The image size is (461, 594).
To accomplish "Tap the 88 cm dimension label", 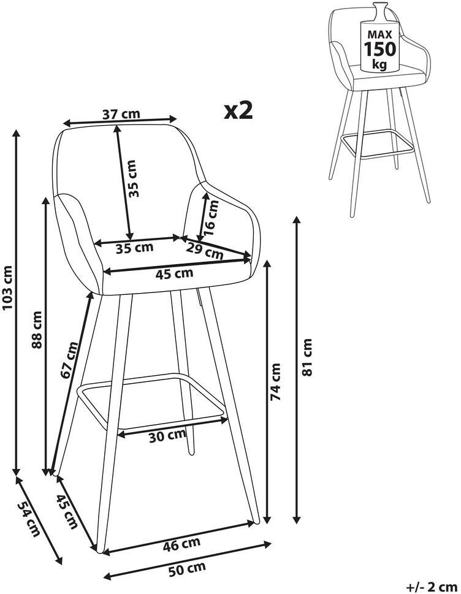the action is coord(37,329).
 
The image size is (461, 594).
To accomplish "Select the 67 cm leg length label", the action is coord(69,359).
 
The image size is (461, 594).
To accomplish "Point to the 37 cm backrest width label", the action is coord(121,113).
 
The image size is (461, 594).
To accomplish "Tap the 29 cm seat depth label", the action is coord(205,251).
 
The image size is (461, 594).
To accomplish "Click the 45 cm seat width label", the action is coord(174,273).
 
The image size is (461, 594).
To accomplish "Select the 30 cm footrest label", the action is coord(167,436).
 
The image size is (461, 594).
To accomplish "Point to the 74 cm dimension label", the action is coord(275,382).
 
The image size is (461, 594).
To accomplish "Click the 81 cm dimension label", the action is coord(307,357).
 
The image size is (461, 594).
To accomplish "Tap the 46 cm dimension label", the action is coord(181,545).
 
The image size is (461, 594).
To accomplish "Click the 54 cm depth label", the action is coord(28,519).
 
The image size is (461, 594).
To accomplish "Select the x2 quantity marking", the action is coord(238,110).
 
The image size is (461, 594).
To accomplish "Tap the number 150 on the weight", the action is coord(380,49).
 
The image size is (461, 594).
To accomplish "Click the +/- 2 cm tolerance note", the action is coord(432,587).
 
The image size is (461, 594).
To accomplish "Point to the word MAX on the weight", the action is coord(380,34).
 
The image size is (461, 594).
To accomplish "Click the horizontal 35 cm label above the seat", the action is coord(134,249).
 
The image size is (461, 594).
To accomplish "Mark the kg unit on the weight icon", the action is coord(379,64).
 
